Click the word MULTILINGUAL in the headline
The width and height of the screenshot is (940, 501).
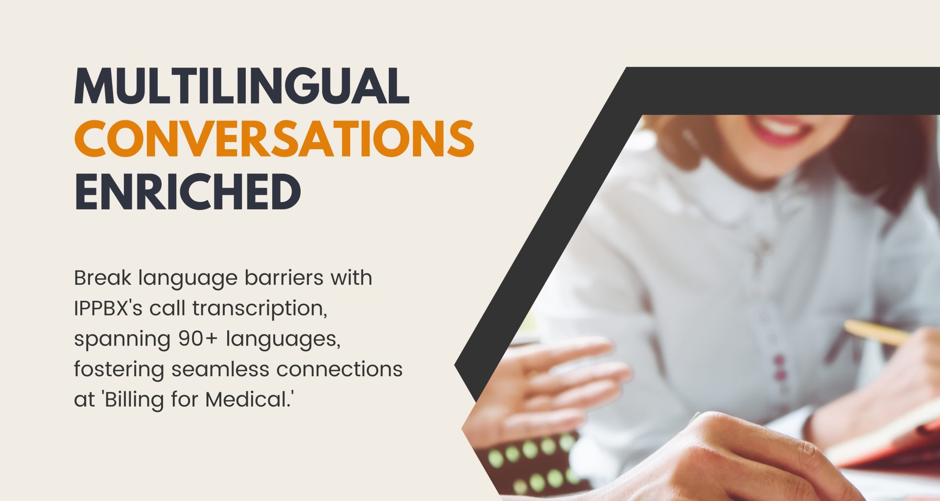pyautogui.click(x=241, y=86)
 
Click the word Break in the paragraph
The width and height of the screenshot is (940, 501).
pyautogui.click(x=103, y=277)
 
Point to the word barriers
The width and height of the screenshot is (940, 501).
pyautogui.click(x=284, y=277)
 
